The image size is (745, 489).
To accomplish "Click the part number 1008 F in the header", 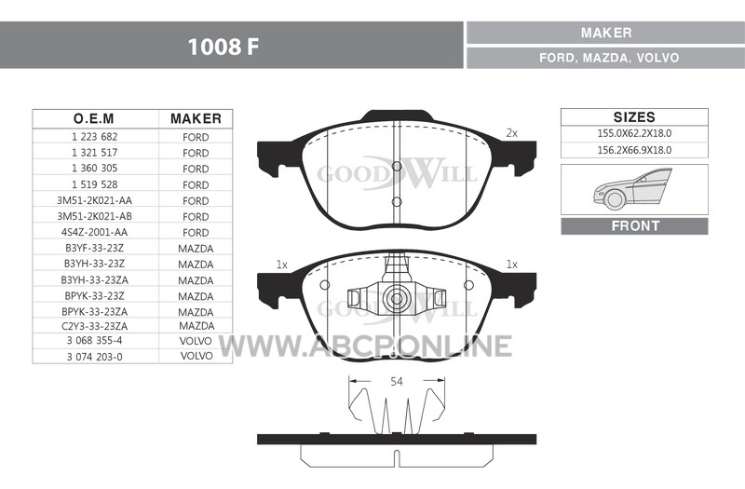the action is [223, 47].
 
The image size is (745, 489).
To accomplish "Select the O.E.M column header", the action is [94, 118].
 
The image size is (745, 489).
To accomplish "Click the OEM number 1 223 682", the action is [95, 137].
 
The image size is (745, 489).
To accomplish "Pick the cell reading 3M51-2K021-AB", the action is [95, 216].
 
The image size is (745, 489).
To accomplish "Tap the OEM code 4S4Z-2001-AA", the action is [95, 232].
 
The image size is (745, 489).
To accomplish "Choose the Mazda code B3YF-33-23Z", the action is [95, 248].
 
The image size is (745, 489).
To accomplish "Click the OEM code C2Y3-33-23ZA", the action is [95, 326].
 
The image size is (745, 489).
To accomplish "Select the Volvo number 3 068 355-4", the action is [95, 340].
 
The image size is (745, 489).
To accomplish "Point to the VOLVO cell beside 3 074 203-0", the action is [196, 356].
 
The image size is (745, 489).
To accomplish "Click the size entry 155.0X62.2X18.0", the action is [634, 133].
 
